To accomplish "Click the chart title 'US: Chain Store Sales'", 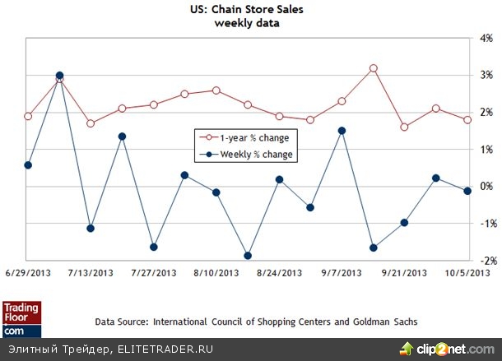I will (x=247, y=10).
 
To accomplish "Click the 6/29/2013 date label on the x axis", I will (x=28, y=272).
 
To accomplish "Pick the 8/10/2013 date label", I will (x=216, y=272).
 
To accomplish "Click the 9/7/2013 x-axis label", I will (x=342, y=272).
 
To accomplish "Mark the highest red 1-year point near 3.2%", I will (x=373, y=68).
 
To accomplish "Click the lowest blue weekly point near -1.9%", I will (x=248, y=256).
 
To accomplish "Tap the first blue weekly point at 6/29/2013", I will (x=28, y=165).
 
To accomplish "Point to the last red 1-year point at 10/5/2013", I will (x=467, y=120).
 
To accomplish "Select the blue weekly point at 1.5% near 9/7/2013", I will (x=342, y=131).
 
